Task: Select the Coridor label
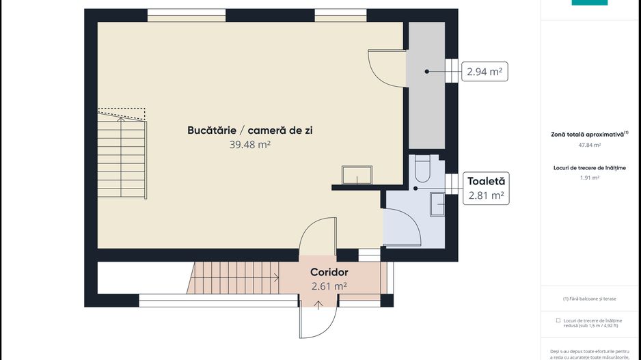point(329,272)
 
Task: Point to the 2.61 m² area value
point(329,286)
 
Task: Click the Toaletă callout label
point(486,181)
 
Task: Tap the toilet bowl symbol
point(422,169)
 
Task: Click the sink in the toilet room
point(437,203)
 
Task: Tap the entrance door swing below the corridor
point(317,321)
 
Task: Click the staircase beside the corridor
point(232,278)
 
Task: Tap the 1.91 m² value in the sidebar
point(589,178)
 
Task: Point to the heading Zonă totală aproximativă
point(588,135)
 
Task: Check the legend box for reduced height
point(558,320)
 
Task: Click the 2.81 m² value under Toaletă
point(486,195)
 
